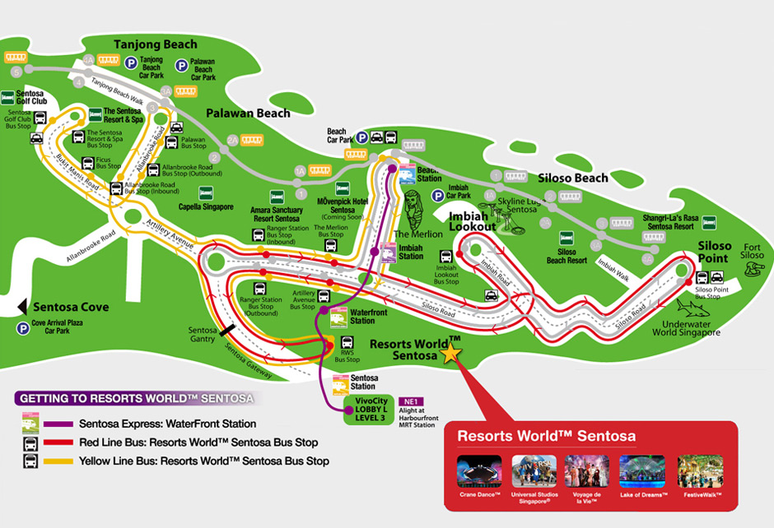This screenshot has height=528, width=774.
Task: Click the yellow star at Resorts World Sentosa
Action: [x=451, y=354]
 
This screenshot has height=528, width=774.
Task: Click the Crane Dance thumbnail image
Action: [x=478, y=471]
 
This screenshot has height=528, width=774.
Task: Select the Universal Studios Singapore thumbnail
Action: [x=534, y=471]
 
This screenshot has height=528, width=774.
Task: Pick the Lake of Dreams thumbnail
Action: [x=641, y=471]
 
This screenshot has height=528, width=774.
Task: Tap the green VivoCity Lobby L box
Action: [x=370, y=409]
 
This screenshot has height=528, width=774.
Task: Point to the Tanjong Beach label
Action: [x=156, y=44]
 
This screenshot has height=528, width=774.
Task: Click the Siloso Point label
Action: [x=714, y=252]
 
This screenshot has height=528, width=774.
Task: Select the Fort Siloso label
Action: [x=753, y=250]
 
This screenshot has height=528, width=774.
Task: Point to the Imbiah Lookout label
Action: [x=473, y=220]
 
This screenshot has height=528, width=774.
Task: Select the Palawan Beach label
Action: [x=248, y=113]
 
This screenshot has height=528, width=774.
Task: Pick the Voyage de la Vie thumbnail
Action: [x=587, y=471]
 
